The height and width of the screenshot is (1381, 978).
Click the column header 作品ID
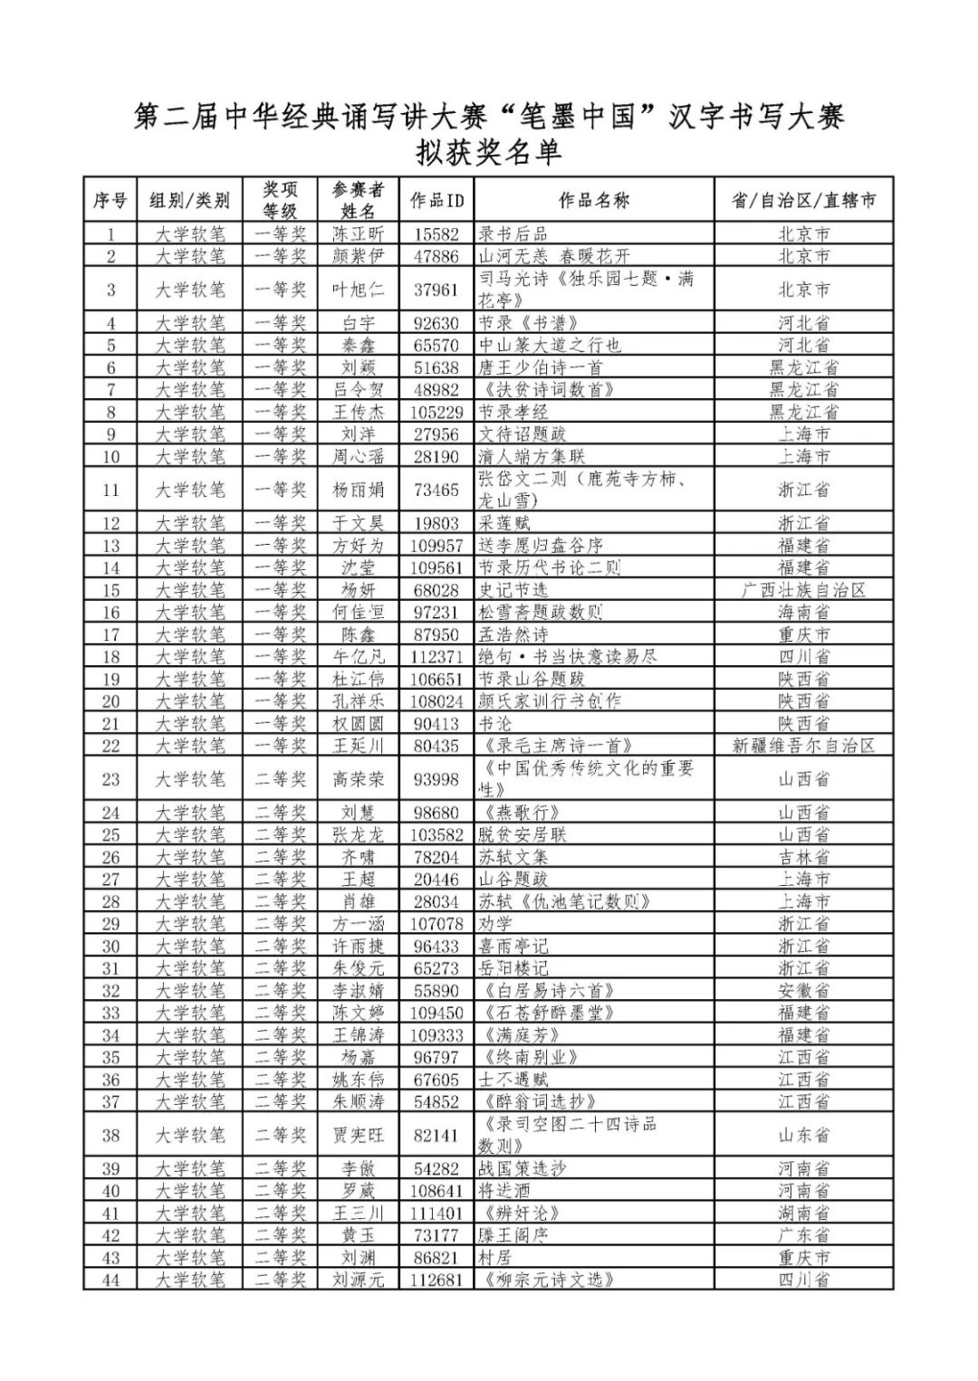click(436, 200)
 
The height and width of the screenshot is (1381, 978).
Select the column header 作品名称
click(593, 200)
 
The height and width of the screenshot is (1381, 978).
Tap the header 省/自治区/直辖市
click(803, 200)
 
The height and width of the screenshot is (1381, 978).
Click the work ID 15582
click(436, 234)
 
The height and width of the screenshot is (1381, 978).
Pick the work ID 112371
click(436, 657)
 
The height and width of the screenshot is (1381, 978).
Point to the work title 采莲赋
click(504, 523)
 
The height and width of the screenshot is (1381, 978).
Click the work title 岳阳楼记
click(513, 968)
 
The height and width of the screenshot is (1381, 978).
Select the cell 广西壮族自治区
click(803, 590)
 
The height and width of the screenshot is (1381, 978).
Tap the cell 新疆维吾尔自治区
click(803, 746)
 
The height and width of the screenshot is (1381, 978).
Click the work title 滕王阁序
click(513, 1235)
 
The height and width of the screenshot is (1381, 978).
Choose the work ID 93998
click(436, 779)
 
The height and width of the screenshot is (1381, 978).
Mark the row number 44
click(110, 1280)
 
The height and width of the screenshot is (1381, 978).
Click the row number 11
click(110, 490)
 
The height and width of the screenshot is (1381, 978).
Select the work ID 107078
click(436, 924)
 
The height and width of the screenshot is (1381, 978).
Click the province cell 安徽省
click(803, 991)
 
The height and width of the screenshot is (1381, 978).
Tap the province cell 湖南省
click(803, 1213)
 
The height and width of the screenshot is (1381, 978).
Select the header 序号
click(110, 200)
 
